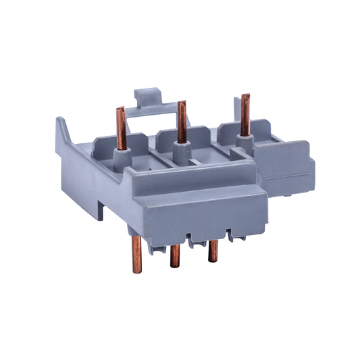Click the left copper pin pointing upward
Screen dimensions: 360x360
click(x=122, y=128)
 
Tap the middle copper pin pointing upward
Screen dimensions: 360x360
click(x=182, y=122)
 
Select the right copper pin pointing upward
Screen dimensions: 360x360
click(x=245, y=115)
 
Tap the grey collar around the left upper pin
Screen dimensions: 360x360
click(x=123, y=156)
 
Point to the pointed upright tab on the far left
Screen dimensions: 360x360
click(x=61, y=128)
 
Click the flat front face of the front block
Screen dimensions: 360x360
click(x=203, y=216)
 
